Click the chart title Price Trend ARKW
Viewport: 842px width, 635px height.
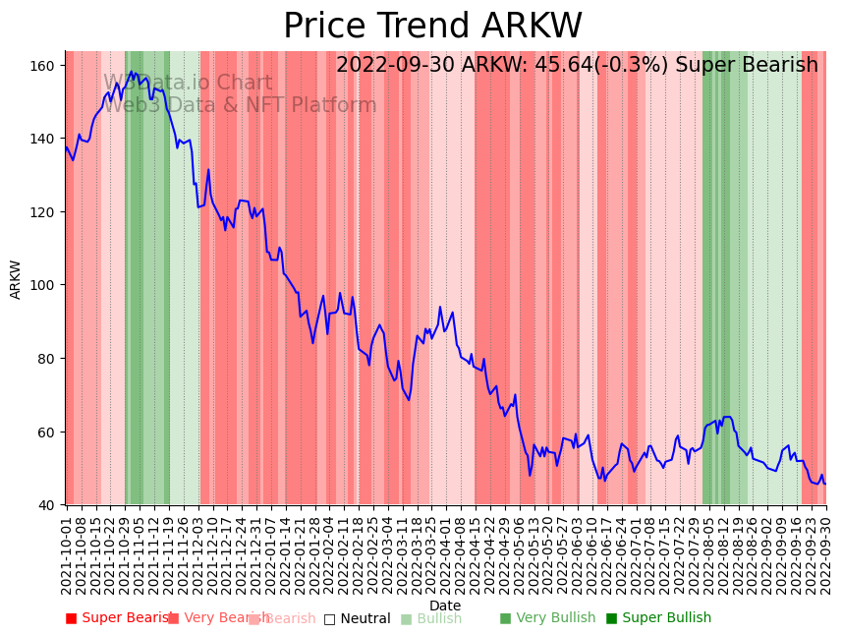432,27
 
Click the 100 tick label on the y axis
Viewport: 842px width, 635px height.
44,285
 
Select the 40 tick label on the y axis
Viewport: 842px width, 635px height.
48,505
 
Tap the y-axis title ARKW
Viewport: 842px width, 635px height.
16,279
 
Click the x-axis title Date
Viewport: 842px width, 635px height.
445,606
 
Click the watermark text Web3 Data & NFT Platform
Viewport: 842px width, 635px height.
240,105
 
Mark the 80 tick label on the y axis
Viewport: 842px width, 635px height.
48,359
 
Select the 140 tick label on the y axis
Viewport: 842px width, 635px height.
44,139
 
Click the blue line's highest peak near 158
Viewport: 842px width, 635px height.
132,71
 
